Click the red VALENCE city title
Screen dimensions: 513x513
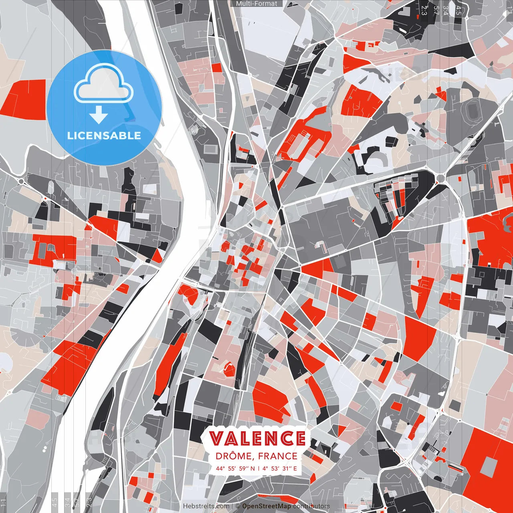point(257,438)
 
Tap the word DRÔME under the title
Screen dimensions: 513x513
point(235,456)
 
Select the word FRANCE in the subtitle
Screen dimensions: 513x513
point(277,456)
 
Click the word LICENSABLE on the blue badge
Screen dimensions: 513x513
point(104,135)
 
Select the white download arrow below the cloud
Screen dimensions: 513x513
point(99,115)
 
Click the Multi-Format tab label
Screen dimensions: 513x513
point(256,4)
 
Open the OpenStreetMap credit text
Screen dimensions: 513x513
point(267,506)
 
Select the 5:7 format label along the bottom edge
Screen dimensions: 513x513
point(77,502)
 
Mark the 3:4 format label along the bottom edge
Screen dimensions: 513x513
point(67,502)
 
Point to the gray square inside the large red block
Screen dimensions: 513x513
point(489,466)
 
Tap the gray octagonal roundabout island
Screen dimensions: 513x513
point(75,271)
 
